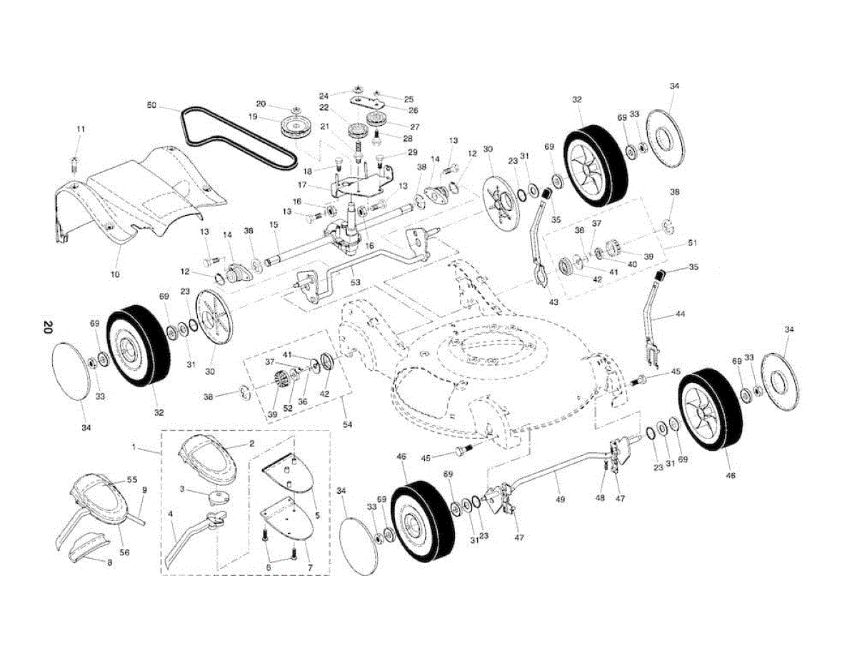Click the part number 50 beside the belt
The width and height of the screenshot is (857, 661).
(x=151, y=105)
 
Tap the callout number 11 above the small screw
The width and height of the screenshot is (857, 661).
(x=80, y=129)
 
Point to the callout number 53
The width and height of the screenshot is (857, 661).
(x=356, y=283)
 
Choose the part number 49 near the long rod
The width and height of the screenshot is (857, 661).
(x=560, y=499)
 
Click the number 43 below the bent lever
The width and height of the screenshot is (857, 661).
(x=553, y=302)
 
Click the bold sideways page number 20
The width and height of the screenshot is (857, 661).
(x=47, y=328)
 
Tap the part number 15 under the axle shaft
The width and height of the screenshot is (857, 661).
(x=273, y=224)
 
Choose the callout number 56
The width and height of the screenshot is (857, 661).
(x=124, y=552)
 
